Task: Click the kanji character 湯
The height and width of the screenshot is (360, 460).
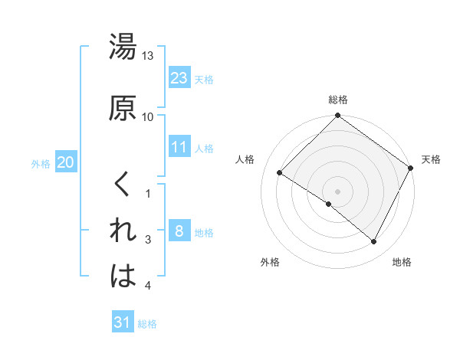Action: coord(123,47)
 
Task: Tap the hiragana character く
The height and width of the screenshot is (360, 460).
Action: coord(123,184)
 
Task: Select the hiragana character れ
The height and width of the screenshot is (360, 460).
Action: coord(123,230)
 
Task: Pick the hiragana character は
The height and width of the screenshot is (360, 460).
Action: coord(123,277)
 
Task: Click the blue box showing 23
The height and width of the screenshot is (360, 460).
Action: coord(179,78)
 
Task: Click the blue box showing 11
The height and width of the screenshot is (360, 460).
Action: coord(179,147)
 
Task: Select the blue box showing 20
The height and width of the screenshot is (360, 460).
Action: coord(66,162)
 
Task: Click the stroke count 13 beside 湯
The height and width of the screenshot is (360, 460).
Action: coord(148,56)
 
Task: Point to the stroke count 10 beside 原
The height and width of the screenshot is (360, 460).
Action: coord(148,116)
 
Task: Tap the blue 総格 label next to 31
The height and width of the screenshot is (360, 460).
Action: coord(147,324)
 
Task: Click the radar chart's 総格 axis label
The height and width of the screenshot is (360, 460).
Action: coord(337,100)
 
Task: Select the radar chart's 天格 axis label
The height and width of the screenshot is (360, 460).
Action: coord(431,159)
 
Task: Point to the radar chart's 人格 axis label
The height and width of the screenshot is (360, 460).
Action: coord(245,159)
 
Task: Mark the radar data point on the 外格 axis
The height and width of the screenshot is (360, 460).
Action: coord(329,204)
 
